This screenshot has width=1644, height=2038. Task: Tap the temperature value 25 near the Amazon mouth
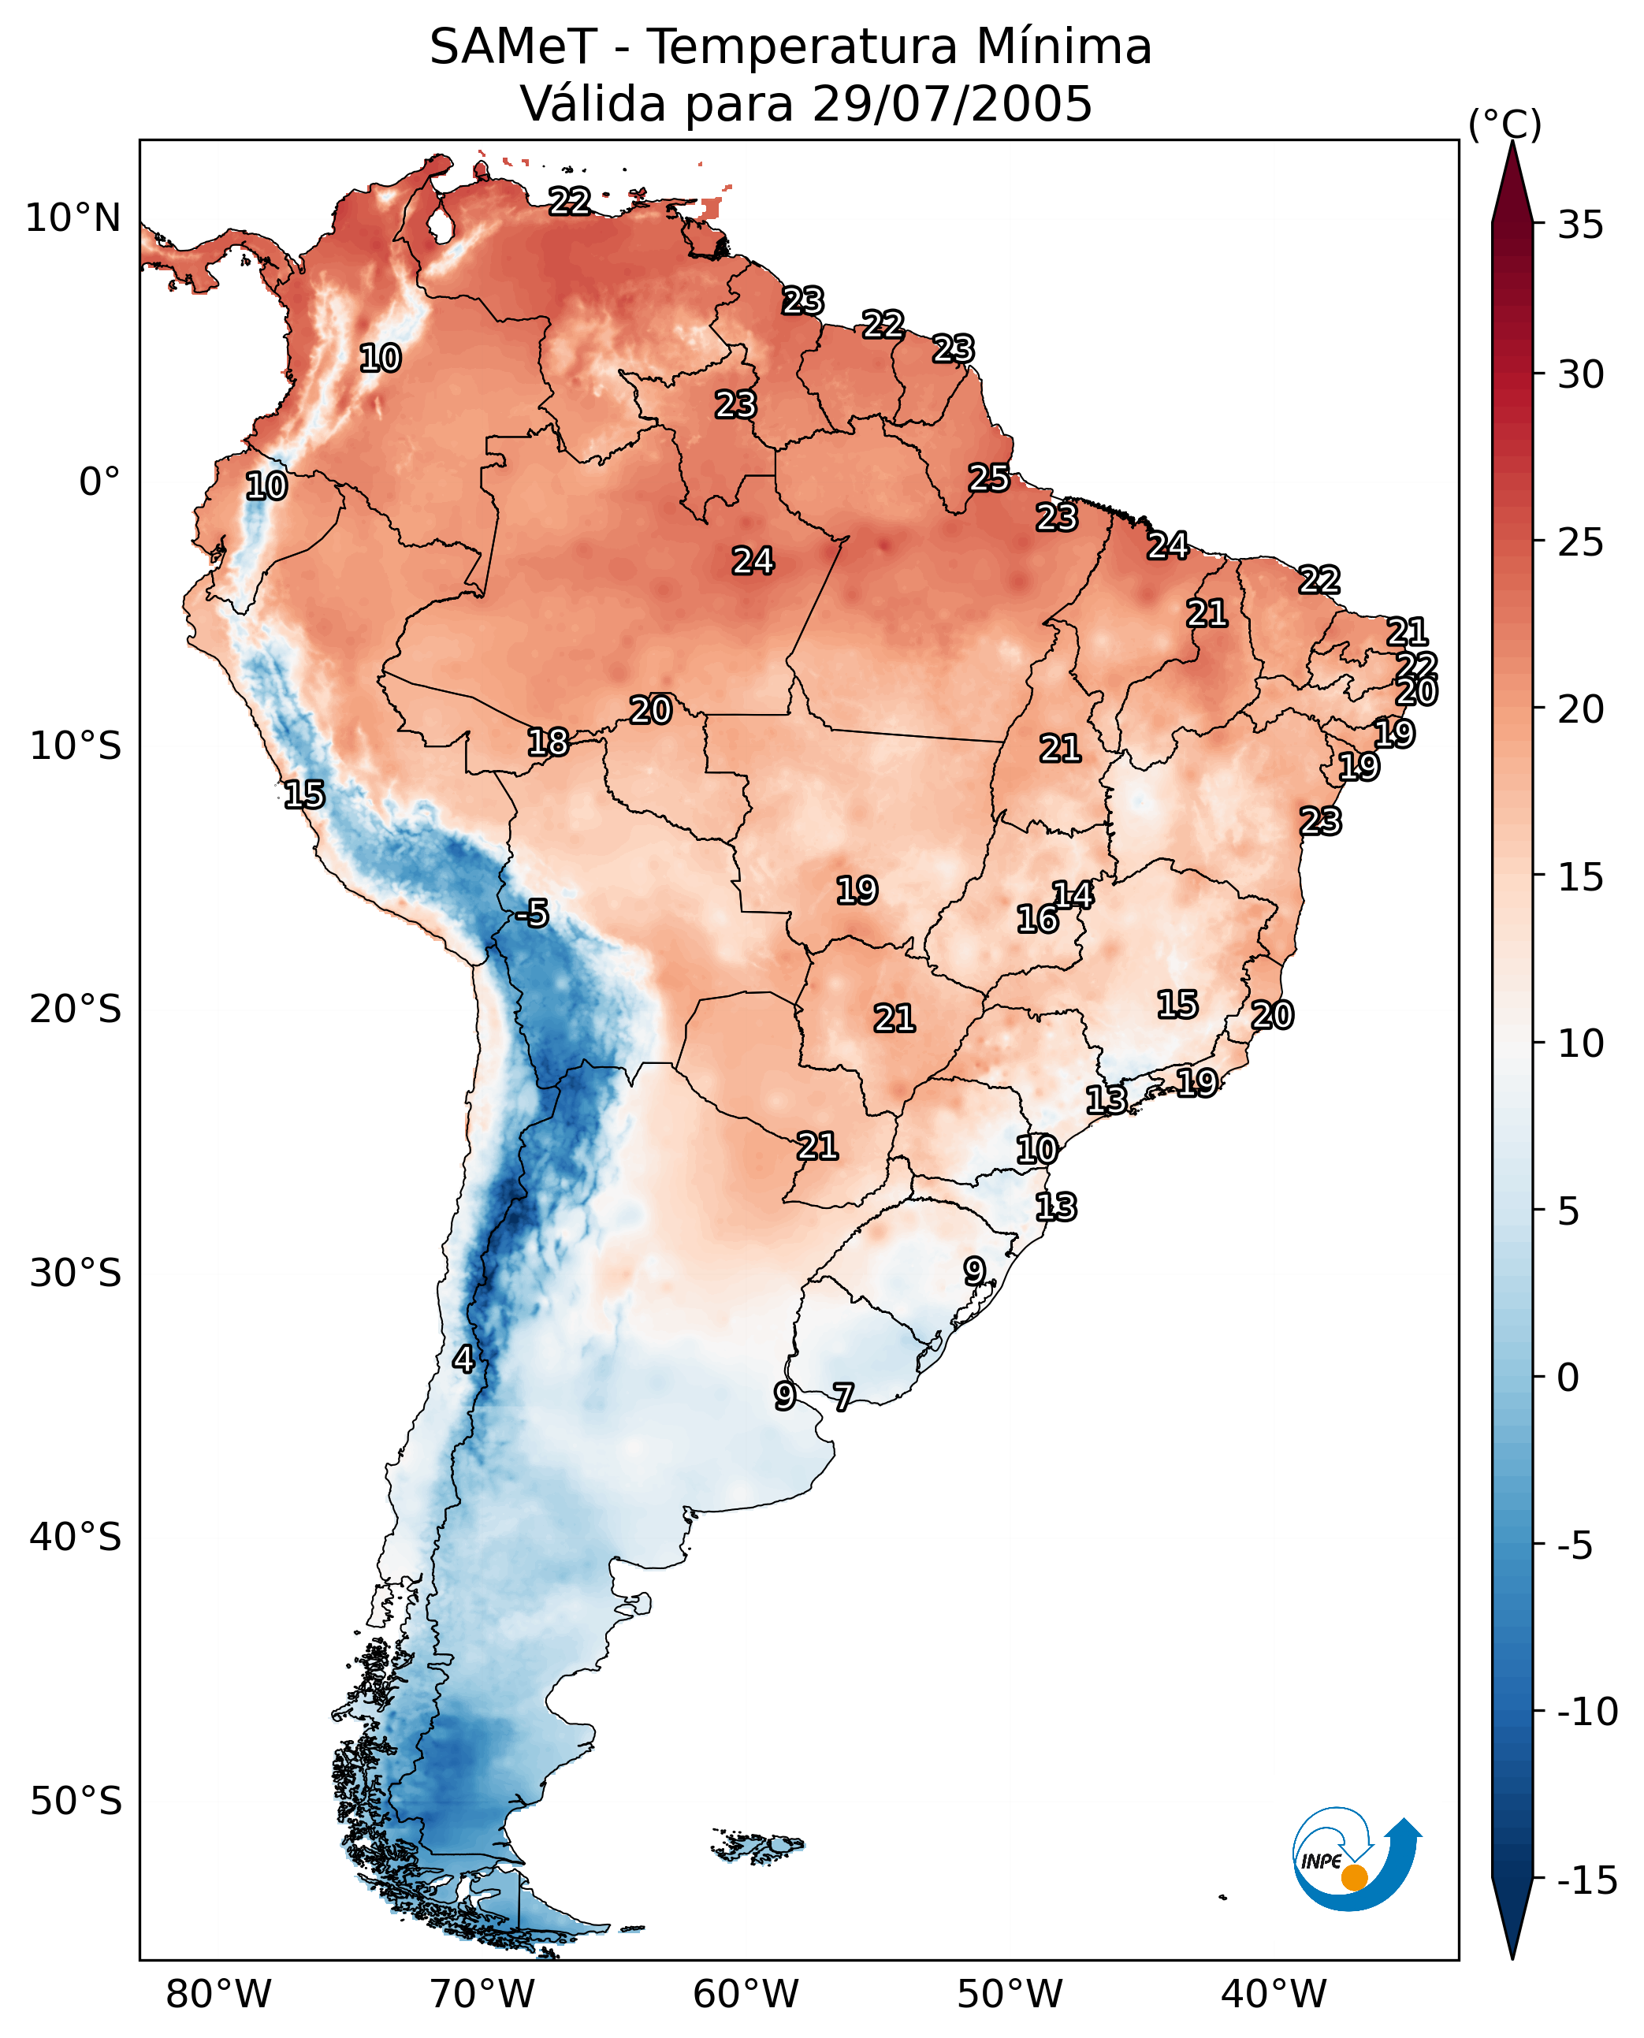click(x=988, y=478)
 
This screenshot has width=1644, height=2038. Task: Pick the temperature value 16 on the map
click(x=1037, y=919)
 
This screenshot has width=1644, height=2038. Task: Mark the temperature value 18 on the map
click(x=548, y=742)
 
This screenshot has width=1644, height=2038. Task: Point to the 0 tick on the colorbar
click(x=1568, y=1377)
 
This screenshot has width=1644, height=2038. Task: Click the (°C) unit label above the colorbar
click(x=1505, y=124)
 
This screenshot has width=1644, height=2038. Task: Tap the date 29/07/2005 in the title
click(x=952, y=103)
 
